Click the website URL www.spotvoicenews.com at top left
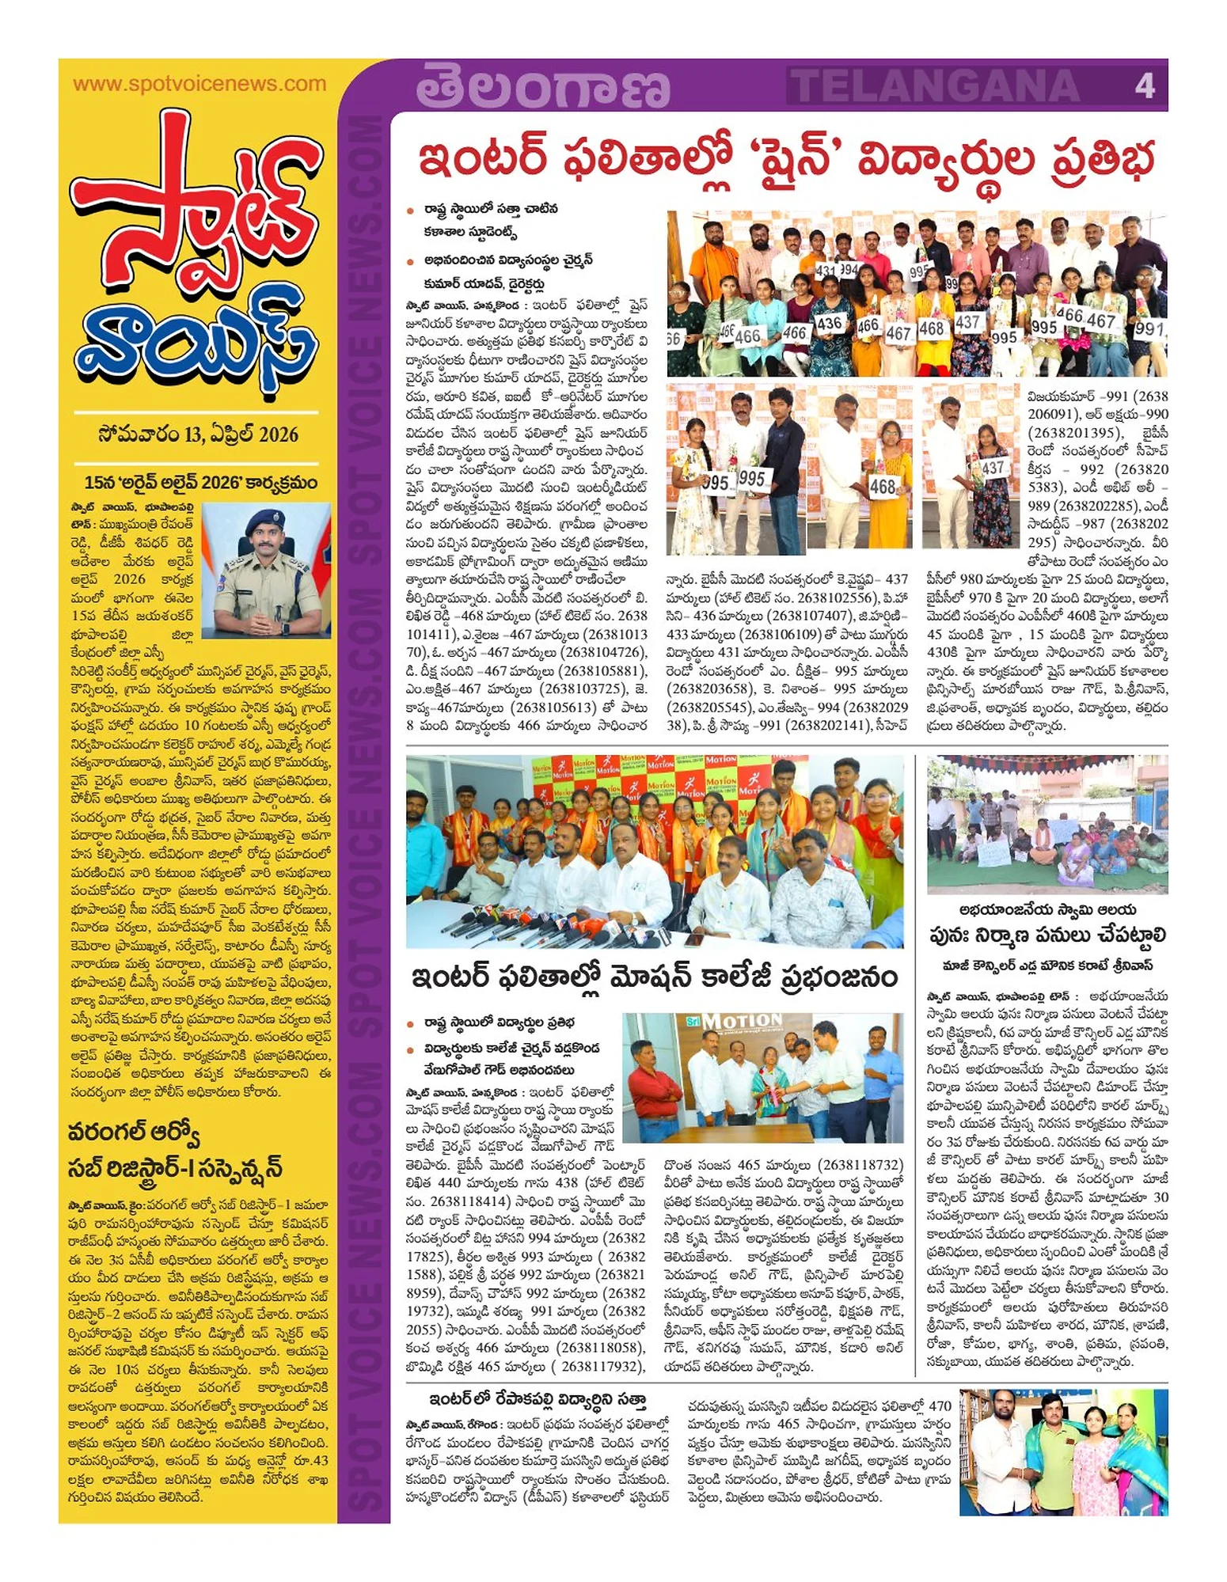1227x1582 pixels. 199,84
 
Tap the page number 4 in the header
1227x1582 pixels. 1144,85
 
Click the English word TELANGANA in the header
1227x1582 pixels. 934,85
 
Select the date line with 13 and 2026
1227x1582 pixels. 198,434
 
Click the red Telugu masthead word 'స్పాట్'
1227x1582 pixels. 194,214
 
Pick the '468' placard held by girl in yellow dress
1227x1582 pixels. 883,486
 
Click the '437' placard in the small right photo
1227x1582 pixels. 992,469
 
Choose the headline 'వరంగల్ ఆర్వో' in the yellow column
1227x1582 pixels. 134,1132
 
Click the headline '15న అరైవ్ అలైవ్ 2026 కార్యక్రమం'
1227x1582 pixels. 201,482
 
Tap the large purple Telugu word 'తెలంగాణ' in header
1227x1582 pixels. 543,87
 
